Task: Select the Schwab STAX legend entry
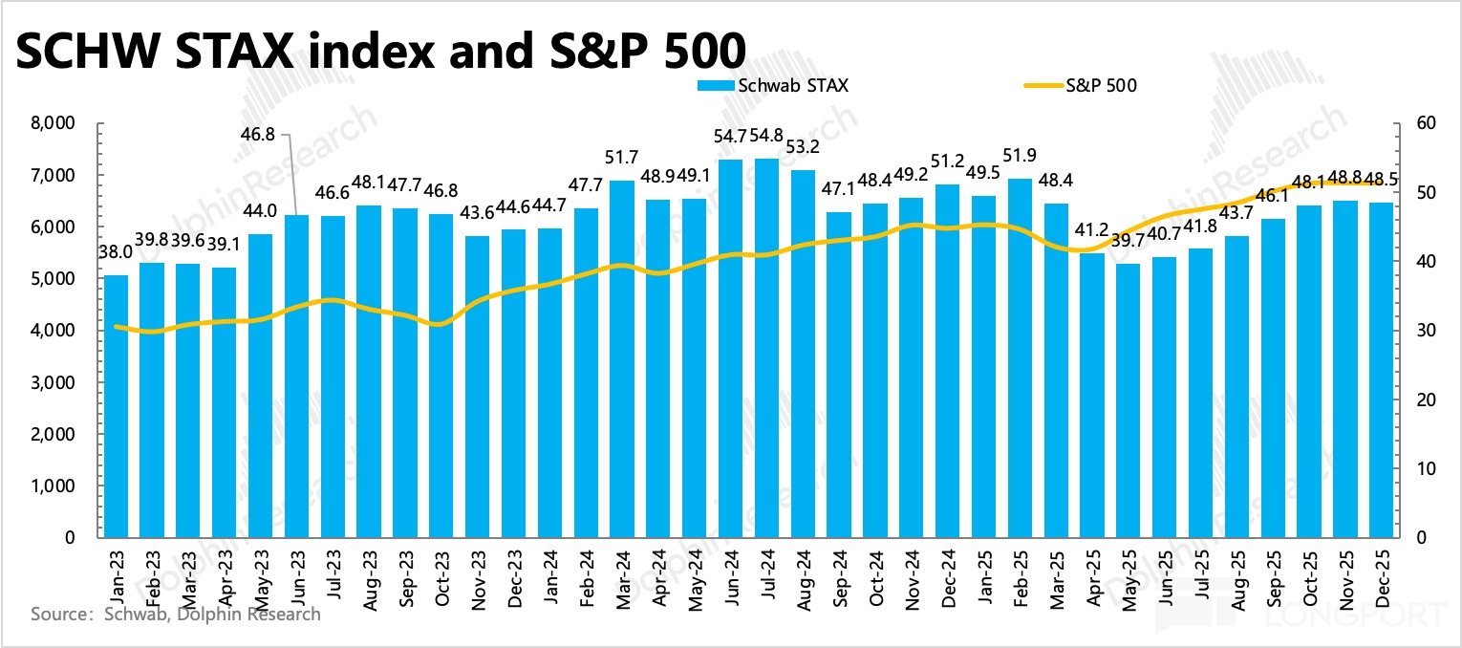[x=773, y=85]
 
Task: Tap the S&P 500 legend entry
[x=1080, y=85]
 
